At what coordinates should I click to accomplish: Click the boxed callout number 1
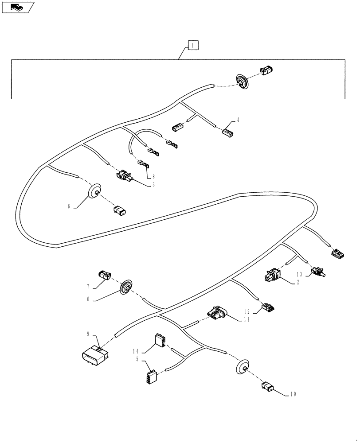tap(193, 45)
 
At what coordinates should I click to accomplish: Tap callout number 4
tap(238, 120)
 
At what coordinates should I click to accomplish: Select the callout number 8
tap(153, 176)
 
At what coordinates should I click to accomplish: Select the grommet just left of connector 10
tap(242, 367)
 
